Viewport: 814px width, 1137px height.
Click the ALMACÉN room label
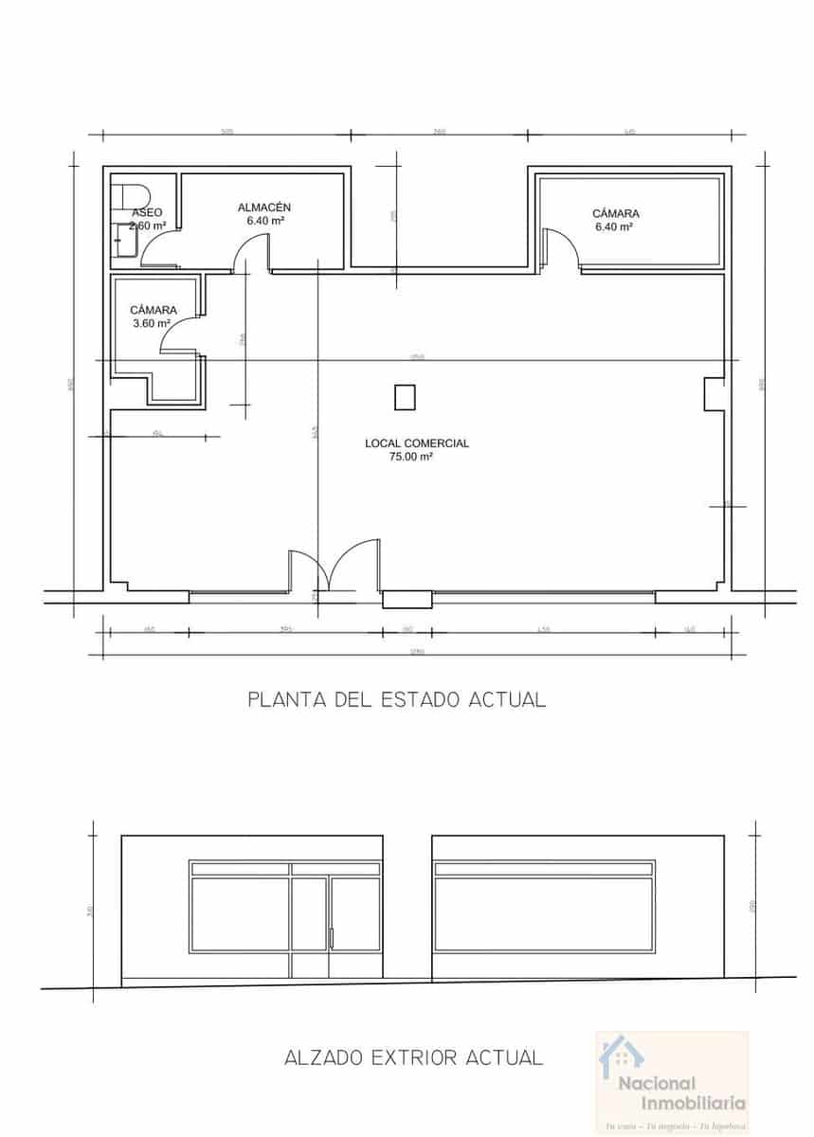pos(264,207)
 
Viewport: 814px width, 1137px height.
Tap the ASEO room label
pos(147,212)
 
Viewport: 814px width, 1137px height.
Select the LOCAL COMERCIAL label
pos(417,443)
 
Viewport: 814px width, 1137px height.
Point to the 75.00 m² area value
pos(410,457)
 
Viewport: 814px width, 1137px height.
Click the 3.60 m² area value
pos(152,323)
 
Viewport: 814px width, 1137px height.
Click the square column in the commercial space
pos(405,396)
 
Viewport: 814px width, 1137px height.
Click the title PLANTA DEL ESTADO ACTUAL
pos(396,700)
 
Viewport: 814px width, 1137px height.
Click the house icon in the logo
pos(622,1055)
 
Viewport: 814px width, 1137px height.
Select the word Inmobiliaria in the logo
pos(694,1103)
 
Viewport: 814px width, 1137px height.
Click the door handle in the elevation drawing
pos(331,937)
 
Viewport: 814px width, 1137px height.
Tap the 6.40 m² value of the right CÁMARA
pos(613,227)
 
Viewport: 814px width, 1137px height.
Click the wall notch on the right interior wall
pos(713,394)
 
